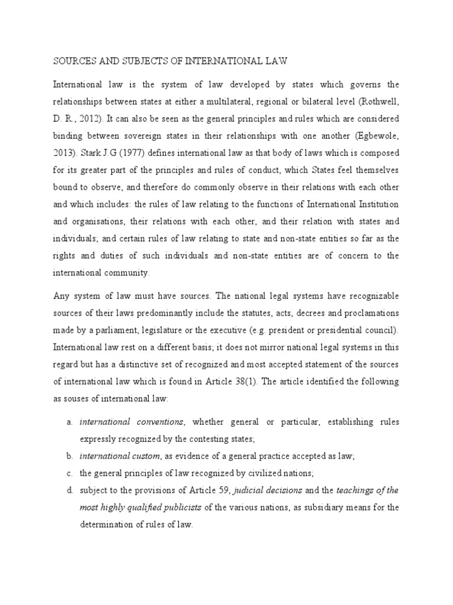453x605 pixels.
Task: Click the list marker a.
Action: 69,422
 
